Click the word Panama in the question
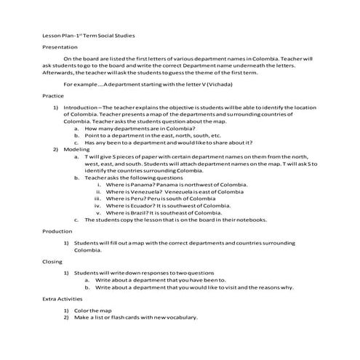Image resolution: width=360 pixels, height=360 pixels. coord(139,184)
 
